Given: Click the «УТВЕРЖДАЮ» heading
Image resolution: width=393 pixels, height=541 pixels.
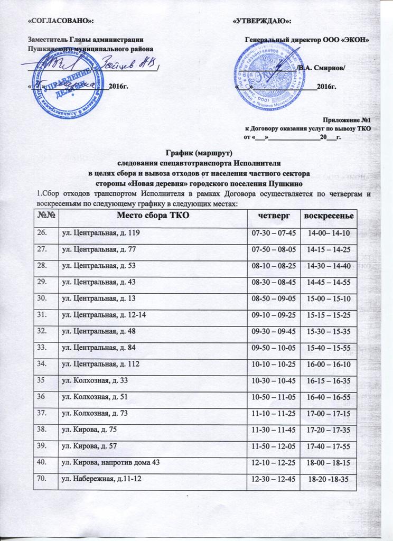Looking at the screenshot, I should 263,20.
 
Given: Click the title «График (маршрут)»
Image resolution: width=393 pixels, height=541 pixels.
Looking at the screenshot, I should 196,153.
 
